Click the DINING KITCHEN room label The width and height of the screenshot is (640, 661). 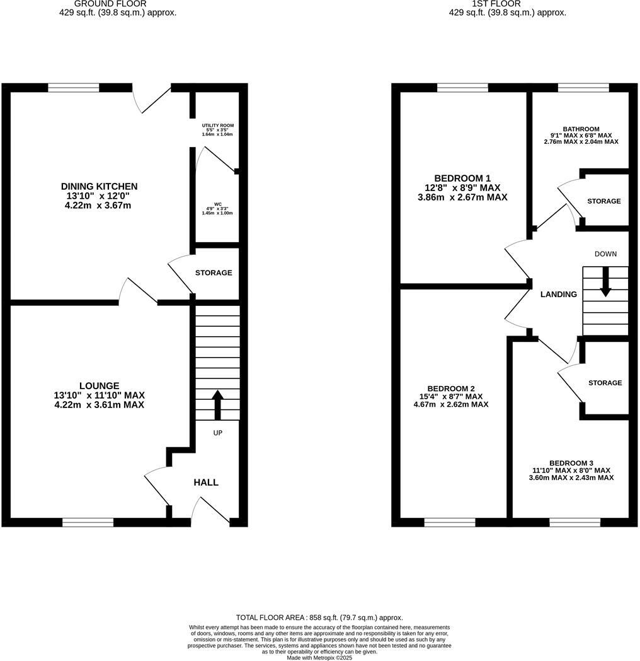tap(99, 187)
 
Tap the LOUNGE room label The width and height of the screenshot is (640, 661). tap(99, 385)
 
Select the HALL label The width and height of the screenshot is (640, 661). tap(206, 483)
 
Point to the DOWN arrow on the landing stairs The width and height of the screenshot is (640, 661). tap(605, 282)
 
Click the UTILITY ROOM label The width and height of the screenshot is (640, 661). tap(217, 126)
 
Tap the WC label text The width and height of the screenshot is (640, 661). tap(217, 204)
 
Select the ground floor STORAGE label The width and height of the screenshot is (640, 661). tap(214, 273)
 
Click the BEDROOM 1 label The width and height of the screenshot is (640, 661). tap(462, 178)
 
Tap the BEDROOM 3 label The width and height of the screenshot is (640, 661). tap(571, 462)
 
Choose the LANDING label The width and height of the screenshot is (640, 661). tap(559, 295)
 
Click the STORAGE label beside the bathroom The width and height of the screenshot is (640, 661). tap(604, 201)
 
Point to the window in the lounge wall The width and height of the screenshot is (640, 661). tap(88, 522)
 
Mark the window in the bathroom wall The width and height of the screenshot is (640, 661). tap(583, 88)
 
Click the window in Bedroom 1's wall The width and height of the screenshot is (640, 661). tap(462, 88)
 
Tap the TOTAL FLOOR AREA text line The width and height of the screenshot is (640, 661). tap(319, 618)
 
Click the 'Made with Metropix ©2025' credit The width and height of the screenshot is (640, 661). tap(319, 657)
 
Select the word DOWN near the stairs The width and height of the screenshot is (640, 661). tap(605, 254)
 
